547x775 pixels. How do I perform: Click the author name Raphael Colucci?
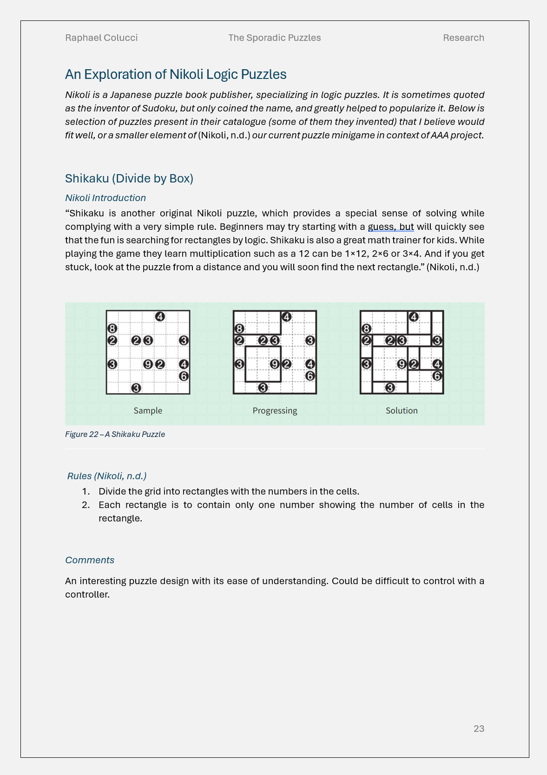coord(101,38)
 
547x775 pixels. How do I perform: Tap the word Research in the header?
coord(463,38)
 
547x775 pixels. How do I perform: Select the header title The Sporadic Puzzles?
coord(275,38)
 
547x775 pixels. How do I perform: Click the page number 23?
coord(479,729)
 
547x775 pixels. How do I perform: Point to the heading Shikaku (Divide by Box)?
coord(129,178)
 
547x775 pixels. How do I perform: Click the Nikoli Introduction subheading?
coord(105,198)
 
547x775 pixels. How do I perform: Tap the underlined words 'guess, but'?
coord(391,227)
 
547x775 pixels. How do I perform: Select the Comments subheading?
coord(90,560)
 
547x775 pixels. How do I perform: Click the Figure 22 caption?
coord(115,434)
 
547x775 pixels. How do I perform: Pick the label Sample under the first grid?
coord(148,410)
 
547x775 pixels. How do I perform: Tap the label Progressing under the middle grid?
coord(275,410)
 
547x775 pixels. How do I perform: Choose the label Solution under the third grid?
coord(402,410)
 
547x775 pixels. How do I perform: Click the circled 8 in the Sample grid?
coord(112,328)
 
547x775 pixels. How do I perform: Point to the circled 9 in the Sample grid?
coord(148,365)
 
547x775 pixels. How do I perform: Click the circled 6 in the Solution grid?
coord(437,376)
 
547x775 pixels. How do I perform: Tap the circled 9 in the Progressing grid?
coord(275,365)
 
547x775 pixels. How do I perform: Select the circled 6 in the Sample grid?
coord(184,376)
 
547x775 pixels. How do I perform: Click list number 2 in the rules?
coord(86,505)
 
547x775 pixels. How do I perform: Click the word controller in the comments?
coord(87,594)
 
